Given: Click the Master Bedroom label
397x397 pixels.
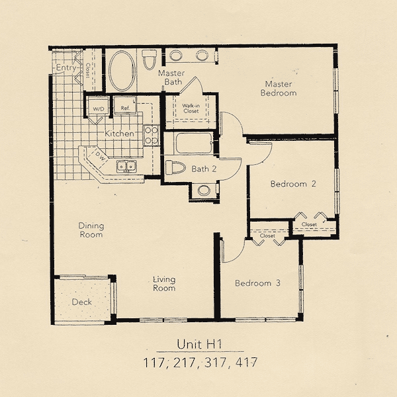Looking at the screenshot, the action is coord(279,89).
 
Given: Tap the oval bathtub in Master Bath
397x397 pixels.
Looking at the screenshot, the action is coord(122,71).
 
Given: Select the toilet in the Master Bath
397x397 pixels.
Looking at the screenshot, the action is coord(149,60).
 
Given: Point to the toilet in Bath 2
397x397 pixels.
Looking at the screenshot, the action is coord(175,167).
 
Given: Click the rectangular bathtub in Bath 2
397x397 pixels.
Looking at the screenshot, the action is coord(194,143).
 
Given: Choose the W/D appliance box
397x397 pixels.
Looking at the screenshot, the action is coord(98,106).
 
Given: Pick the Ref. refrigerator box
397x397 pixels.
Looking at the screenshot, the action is coord(125,105).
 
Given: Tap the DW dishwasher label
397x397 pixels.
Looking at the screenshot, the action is coord(100,157).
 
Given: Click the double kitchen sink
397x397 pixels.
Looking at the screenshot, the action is coord(126,167).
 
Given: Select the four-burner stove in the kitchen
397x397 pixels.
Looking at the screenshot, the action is coord(151,135).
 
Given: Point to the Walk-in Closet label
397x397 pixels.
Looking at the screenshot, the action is coord(191,109).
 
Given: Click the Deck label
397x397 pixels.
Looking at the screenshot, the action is coord(81,302).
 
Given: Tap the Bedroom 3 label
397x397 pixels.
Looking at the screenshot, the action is coord(257,283).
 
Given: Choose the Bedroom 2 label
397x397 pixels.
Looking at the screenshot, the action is coord(293,183).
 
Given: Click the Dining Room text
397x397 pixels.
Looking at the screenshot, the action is coord(91,230).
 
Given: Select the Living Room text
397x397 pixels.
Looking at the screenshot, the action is coord(164,284).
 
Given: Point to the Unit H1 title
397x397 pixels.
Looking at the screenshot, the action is coord(200,344).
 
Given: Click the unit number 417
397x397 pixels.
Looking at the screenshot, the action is coord(246,363).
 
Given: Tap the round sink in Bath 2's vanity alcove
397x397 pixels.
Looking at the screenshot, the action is coord(204,191).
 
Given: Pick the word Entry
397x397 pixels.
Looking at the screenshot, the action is coord(66,67).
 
